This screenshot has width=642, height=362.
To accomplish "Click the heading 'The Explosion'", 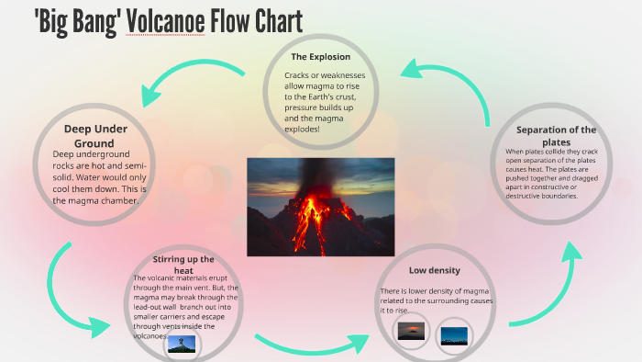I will pyautogui.click(x=320, y=57).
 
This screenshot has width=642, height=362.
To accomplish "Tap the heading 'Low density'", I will pyautogui.click(x=434, y=271).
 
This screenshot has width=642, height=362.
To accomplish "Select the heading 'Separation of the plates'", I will pyautogui.click(x=556, y=136).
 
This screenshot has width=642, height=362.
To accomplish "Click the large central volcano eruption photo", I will pyautogui.click(x=320, y=207).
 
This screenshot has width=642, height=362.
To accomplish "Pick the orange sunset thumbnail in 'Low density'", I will pyautogui.click(x=410, y=330).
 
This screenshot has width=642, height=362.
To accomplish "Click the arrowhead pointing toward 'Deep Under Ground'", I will pyautogui.click(x=148, y=93).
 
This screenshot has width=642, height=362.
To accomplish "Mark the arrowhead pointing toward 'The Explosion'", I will pyautogui.click(x=414, y=70).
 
